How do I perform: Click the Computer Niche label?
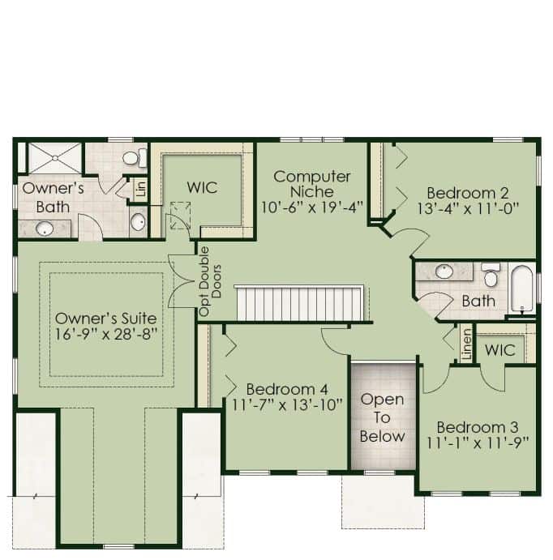(312, 184)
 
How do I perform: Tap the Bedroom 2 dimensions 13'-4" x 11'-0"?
(468, 208)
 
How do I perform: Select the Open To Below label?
(382, 417)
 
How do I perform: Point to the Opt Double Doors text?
(210, 281)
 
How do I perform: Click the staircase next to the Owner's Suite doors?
(300, 303)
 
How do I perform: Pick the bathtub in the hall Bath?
(522, 289)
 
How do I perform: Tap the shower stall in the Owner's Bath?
(55, 158)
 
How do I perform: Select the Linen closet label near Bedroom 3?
(466, 344)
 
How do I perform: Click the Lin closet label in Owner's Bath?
(141, 189)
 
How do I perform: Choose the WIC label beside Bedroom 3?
(500, 350)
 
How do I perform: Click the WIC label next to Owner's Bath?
(202, 187)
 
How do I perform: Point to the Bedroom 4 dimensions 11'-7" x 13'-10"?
(287, 405)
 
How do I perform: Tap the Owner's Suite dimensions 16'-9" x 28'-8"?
(106, 334)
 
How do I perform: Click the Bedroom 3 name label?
(478, 427)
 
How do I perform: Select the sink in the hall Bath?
(444, 271)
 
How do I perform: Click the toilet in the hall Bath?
(491, 274)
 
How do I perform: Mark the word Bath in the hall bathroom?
(478, 301)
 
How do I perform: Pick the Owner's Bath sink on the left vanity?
(45, 228)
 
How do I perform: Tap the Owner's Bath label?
(53, 198)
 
